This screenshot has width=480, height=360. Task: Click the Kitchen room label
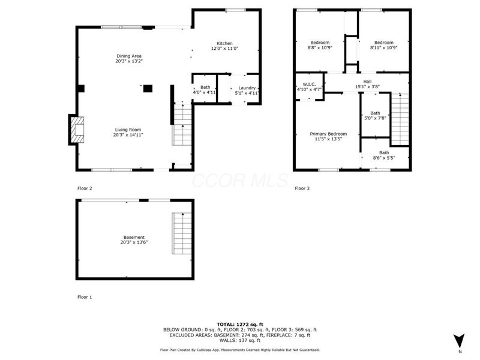[224, 43]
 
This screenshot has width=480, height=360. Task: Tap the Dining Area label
[129, 56]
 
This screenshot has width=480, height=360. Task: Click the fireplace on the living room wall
[76, 129]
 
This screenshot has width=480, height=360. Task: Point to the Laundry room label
[247, 88]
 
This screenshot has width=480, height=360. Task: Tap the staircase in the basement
[181, 233]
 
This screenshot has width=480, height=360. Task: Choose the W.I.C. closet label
[310, 84]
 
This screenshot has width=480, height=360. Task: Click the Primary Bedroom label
[328, 134]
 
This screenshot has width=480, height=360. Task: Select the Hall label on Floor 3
[367, 82]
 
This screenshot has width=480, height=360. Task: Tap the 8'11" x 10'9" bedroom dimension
[383, 47]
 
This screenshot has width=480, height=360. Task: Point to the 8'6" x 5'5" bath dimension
[384, 158]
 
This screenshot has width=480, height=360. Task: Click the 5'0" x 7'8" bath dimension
[375, 118]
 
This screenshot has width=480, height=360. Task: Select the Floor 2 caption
[85, 188]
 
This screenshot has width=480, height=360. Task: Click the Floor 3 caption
[302, 188]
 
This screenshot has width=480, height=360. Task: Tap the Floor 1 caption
[85, 297]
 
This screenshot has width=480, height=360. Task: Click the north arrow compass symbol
[459, 340]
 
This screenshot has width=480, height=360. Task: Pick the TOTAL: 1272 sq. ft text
[240, 324]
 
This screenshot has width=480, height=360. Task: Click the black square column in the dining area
[148, 88]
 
